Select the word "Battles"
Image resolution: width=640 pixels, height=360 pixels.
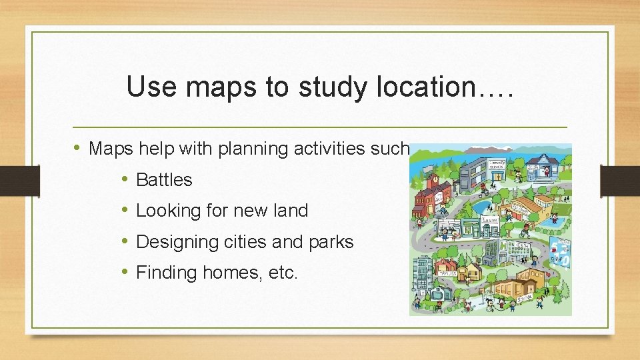tap(164, 180)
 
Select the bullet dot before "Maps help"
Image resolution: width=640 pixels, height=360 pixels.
tap(78, 148)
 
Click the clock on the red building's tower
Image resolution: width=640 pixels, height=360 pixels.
tap(434, 179)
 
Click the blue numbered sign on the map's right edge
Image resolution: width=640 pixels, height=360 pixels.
tap(561, 251)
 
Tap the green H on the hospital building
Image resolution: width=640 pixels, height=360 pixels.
tap(503, 245)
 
